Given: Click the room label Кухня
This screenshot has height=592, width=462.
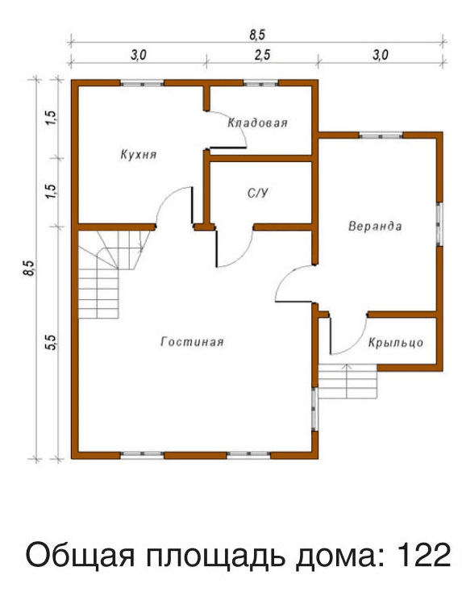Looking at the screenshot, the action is click(138, 155).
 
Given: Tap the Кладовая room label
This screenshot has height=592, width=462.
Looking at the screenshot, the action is click(257, 123).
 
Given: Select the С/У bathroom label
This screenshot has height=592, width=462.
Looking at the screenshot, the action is click(258, 194).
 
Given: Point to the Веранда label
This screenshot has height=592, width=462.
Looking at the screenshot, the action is click(375, 226).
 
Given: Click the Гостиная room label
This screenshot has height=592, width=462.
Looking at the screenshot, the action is click(192, 342).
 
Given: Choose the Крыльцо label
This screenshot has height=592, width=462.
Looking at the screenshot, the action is click(396, 343).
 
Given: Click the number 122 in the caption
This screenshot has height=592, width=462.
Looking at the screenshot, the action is click(424, 555).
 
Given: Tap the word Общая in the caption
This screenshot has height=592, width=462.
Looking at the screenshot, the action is click(80, 556).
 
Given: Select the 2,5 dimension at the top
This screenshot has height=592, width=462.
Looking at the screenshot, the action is click(262, 56).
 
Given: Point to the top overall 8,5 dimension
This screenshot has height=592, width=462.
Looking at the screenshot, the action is click(257, 35).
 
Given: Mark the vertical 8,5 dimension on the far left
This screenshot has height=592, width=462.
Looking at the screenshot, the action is click(30, 268).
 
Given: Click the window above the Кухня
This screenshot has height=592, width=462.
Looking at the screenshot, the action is click(142, 83).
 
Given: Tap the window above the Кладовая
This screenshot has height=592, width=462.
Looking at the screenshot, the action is click(260, 83).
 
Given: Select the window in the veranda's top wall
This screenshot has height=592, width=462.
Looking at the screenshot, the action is click(381, 135).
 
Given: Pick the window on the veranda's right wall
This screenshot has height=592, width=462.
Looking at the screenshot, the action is click(439, 224).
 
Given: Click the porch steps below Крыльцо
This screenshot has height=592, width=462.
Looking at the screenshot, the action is click(348, 381).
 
